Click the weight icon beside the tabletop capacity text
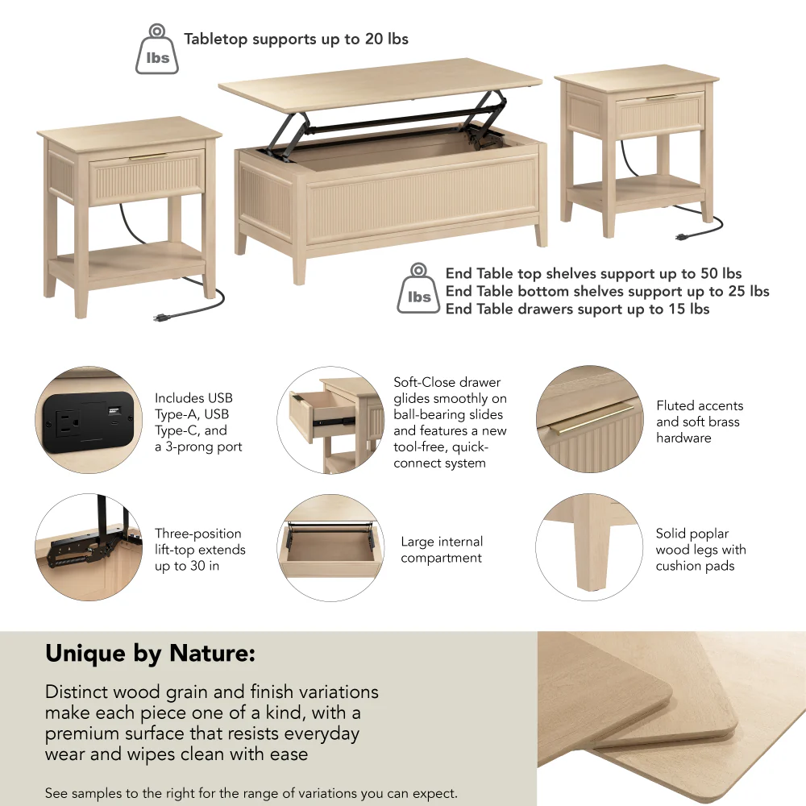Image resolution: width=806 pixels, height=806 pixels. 156,51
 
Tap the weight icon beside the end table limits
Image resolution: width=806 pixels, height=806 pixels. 418,289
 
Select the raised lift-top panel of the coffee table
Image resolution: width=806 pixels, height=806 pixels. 379,89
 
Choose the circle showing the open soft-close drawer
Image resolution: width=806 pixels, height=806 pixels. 337,419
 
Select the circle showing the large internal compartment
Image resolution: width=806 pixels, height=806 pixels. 330,547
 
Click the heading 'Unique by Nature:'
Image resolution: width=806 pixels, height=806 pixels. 150,654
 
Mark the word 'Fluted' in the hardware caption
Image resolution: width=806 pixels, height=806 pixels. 676,405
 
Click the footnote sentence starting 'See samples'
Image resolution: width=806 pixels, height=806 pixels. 251,793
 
